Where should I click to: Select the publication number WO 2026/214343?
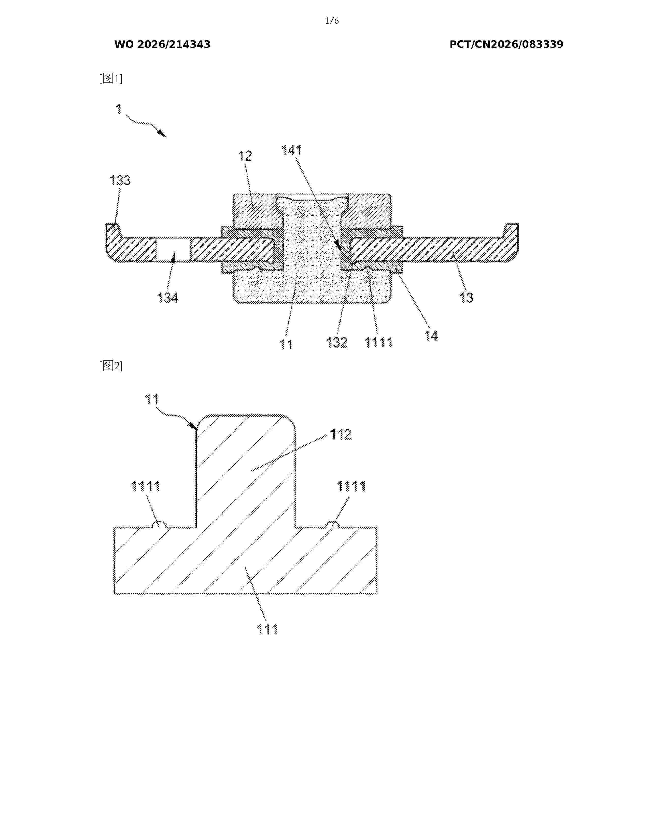point(162,45)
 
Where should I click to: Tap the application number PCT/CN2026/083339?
point(506,45)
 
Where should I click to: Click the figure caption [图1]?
point(111,78)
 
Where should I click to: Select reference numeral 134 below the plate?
point(168,298)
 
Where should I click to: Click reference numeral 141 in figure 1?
point(292,150)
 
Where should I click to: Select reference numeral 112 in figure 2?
point(341,435)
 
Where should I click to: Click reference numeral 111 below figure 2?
point(267,629)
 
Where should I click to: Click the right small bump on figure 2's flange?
point(332,524)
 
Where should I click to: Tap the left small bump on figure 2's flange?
point(159,524)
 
